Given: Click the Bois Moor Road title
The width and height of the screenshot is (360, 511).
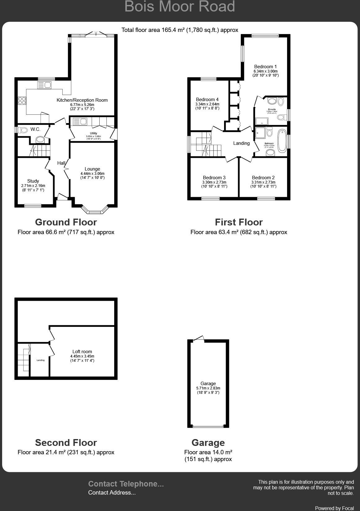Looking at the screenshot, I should click(180, 7).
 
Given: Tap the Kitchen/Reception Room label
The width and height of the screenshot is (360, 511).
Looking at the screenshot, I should click(82, 100).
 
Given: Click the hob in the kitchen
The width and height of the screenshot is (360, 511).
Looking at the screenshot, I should click(22, 100).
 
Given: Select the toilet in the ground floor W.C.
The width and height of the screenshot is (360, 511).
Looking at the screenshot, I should click(23, 130).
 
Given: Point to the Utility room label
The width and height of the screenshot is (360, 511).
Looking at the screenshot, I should click(93, 133).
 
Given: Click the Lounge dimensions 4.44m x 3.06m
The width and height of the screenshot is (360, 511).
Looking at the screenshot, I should click(92, 174).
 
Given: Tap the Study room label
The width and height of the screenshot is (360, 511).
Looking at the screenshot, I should click(33, 181).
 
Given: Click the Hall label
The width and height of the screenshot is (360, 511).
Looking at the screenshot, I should click(61, 163).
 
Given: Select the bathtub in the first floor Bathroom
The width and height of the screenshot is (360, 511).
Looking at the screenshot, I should click(282, 141).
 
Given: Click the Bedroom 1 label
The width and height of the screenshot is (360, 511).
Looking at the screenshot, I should click(265, 67).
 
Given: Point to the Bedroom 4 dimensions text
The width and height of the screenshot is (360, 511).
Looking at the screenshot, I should click(207, 104).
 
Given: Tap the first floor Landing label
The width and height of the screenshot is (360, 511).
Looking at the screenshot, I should click(241, 143).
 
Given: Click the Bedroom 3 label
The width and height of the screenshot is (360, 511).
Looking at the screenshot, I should click(214, 178).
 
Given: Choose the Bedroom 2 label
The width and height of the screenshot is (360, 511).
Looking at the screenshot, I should click(263, 178).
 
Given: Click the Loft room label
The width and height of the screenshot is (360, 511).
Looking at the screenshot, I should click(82, 352).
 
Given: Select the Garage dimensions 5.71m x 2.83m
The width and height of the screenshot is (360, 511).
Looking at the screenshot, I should click(208, 388).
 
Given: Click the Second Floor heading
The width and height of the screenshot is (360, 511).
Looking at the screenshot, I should click(66, 442).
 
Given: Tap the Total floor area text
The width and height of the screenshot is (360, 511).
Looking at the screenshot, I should click(180, 30).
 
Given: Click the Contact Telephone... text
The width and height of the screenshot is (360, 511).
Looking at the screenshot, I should click(126, 484).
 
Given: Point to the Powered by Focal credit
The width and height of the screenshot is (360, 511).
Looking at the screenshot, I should click(334, 508).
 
